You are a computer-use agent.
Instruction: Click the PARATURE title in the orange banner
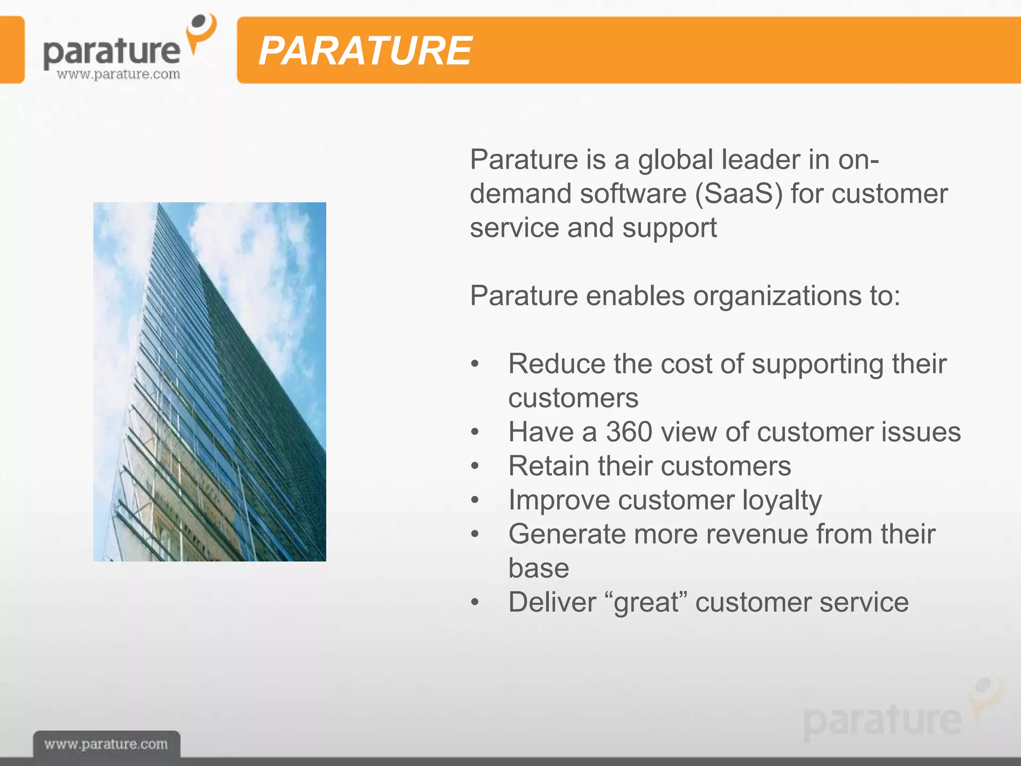pyautogui.click(x=365, y=51)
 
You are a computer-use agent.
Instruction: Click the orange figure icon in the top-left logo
pyautogui.click(x=201, y=32)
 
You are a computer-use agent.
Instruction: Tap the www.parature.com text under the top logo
pyautogui.click(x=118, y=75)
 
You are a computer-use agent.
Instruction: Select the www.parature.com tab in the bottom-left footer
pyautogui.click(x=106, y=745)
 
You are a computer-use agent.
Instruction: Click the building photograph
pyautogui.click(x=209, y=382)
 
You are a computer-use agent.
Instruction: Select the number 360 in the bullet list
pyautogui.click(x=629, y=432)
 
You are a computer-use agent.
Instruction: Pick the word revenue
pyautogui.click(x=757, y=534)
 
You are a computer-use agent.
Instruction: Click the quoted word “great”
pyautogui.click(x=646, y=602)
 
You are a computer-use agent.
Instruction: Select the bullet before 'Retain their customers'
pyautogui.click(x=475, y=466)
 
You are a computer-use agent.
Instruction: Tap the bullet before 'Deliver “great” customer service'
pyautogui.click(x=475, y=602)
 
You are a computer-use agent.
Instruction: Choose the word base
pyautogui.click(x=538, y=569)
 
